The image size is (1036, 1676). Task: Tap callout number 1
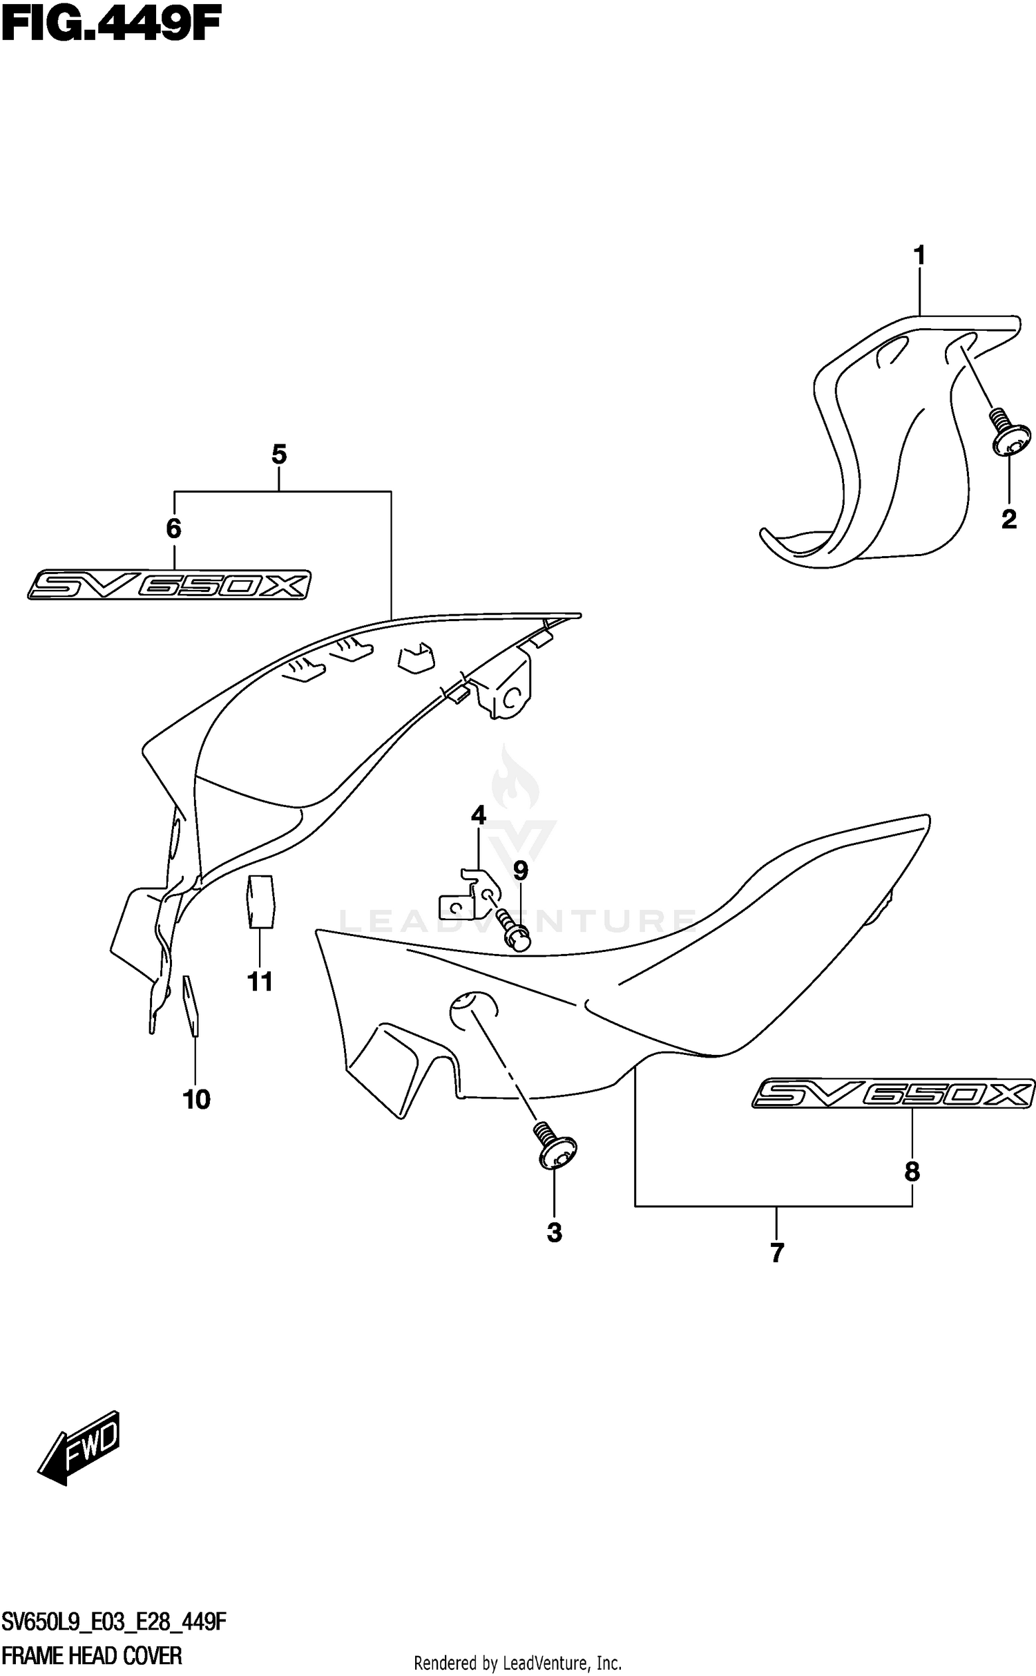coord(919,256)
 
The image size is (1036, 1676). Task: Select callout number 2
coord(1008,520)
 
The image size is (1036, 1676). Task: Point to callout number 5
coord(278,455)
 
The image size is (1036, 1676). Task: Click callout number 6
coord(173,528)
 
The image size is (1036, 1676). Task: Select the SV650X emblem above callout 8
coord(893,1094)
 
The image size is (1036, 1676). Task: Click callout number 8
coord(912,1171)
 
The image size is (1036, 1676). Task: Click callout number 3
coord(554,1233)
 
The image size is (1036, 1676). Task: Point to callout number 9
coord(520,871)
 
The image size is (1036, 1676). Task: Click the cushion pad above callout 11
coord(260,899)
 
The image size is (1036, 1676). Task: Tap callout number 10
coord(196,1099)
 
